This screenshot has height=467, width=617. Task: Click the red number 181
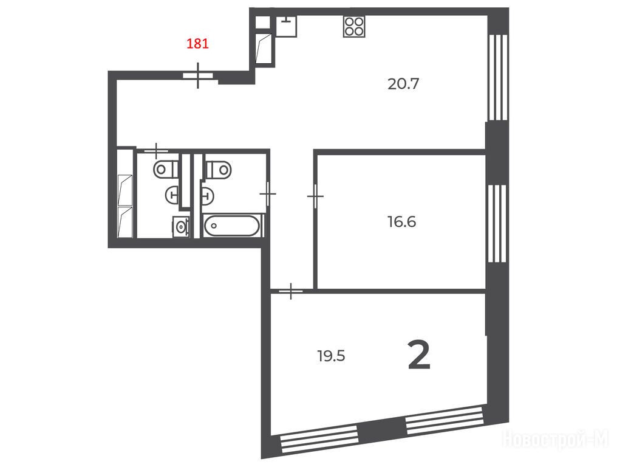tap(197, 43)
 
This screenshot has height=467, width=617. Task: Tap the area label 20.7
tap(403, 84)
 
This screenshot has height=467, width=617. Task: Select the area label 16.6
tap(401, 222)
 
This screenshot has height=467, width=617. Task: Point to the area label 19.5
tap(331, 356)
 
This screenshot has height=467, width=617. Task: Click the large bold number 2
tap(419, 356)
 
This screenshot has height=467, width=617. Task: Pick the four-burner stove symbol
tap(354, 27)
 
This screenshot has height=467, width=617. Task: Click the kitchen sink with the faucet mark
tap(286, 27)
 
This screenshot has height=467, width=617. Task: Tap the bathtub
tap(232, 226)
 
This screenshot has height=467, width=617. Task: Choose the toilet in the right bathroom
tap(219, 169)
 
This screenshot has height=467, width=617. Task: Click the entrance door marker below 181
tap(197, 75)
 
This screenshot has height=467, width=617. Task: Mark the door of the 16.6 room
tap(315, 196)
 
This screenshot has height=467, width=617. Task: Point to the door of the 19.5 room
tap(291, 291)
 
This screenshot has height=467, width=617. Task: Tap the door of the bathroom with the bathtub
tap(268, 193)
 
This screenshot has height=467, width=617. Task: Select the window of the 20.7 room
tap(497, 77)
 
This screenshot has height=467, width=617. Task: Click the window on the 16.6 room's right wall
tap(497, 223)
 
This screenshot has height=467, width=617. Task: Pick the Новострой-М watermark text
tap(556, 438)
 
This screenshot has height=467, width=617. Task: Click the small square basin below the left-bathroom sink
tap(181, 227)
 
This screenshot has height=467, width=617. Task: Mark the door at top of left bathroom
tap(156, 151)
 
